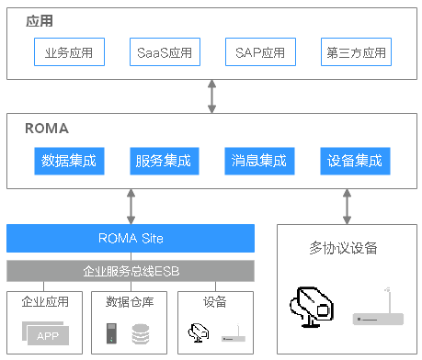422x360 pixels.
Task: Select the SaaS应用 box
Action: pos(164,52)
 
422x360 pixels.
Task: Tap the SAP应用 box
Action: pos(255,52)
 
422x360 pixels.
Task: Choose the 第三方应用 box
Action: pos(355,52)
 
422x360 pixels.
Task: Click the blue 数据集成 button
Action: pos(69,161)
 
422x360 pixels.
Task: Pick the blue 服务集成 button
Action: pos(161,161)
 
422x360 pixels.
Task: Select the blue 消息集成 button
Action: pos(257,161)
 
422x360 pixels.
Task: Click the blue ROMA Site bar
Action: pos(131,239)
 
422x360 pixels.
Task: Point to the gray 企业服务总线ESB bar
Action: pos(131,271)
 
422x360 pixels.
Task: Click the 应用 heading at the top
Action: pos(38,19)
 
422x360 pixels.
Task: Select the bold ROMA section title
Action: pos(46,129)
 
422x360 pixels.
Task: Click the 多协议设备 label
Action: pos(344,248)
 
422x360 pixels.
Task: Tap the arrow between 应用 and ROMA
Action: pos(212,96)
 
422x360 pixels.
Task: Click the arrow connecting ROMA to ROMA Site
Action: pos(131,205)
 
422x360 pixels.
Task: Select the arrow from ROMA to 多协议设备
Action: pos(347,206)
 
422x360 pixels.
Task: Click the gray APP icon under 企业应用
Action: pos(46,333)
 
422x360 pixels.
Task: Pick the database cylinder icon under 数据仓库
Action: pos(140,335)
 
